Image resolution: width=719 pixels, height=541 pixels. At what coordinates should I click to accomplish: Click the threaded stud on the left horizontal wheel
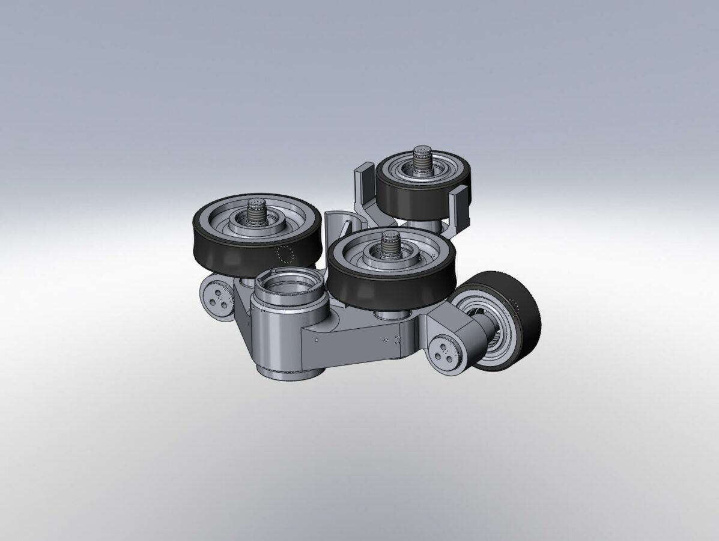click(x=258, y=212)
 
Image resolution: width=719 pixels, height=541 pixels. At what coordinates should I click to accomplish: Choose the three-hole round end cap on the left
click(x=218, y=298)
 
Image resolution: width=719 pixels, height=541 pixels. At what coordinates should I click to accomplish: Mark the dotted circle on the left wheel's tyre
click(x=286, y=255)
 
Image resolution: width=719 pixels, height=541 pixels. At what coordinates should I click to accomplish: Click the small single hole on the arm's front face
click(x=317, y=340)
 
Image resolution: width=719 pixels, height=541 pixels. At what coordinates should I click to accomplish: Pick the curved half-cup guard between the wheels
click(x=336, y=225)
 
